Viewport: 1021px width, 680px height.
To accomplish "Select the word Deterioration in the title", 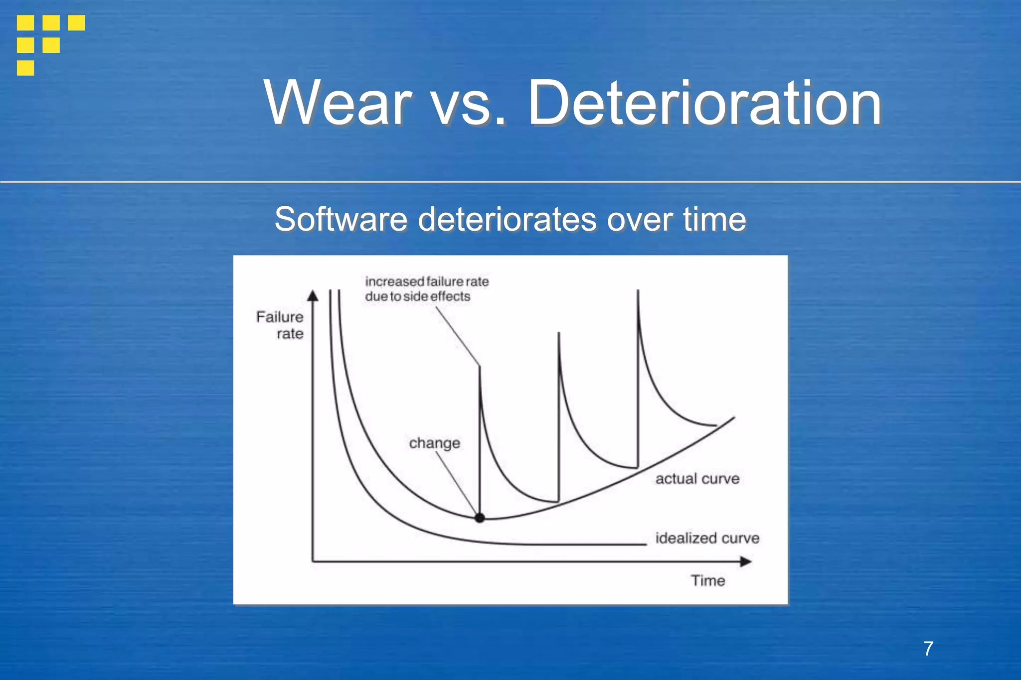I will pos(704,103).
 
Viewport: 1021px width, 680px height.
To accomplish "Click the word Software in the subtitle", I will pos(341,219).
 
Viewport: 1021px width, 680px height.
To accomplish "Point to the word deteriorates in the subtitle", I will pos(507,219).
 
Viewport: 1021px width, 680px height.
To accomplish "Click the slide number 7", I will pos(928,649).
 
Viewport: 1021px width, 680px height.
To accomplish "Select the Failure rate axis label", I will pos(280,325).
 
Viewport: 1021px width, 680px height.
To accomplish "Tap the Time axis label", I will pos(707,580).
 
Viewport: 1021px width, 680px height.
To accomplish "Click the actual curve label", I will pos(697,479).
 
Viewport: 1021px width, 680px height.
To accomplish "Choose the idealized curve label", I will pos(707,538).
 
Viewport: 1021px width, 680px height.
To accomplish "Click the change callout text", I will pos(434,443).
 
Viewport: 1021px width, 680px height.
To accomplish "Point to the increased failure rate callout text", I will pos(426,289).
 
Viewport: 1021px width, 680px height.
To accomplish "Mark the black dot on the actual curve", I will pos(480,518).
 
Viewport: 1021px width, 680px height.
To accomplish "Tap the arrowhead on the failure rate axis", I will pos(313,296).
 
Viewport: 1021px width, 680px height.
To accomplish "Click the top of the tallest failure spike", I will pos(638,292).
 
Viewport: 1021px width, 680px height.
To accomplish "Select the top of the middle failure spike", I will pos(559,334).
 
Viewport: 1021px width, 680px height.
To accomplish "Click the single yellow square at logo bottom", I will pos(25,68).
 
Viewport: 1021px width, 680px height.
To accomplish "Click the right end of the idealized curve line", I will pos(645,544).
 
